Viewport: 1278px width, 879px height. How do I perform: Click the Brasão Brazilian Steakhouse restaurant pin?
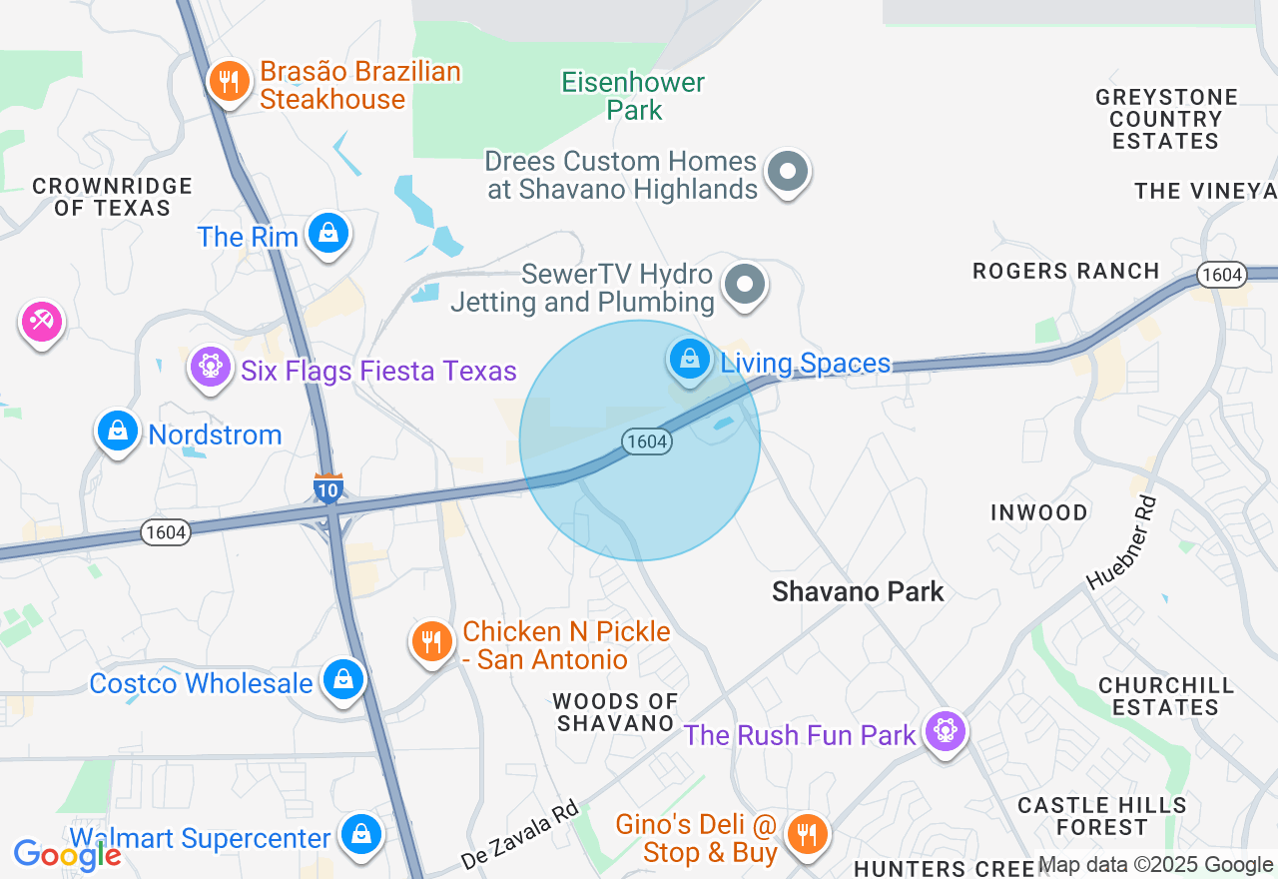230,82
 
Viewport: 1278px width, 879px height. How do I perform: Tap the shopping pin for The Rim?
327,234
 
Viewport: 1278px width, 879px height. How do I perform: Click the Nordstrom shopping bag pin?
118,432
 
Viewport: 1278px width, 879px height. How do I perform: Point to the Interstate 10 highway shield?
328,487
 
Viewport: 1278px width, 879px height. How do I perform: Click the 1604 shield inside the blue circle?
646,440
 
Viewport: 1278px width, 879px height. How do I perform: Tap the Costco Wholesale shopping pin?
343,680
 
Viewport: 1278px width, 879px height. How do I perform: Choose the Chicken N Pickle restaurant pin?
431,641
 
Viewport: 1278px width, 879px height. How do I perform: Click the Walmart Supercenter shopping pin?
360,834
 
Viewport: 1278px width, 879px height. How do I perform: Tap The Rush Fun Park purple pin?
944,732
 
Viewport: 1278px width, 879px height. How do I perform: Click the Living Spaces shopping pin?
689,359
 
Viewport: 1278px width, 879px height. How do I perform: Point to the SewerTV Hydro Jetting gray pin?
744,284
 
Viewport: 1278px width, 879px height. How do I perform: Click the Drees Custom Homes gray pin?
788,172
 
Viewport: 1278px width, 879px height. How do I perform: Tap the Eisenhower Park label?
633,96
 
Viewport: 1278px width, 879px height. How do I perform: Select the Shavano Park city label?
858,591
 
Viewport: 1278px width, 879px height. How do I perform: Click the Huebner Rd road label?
1121,542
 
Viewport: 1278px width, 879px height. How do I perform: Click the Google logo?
67,854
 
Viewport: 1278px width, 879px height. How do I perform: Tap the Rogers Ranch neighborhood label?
1066,271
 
